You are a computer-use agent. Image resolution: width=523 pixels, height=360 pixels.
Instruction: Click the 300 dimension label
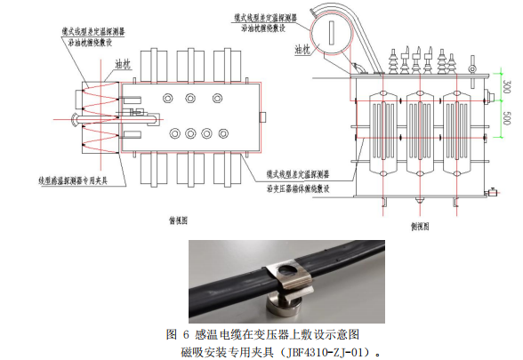tap(505, 88)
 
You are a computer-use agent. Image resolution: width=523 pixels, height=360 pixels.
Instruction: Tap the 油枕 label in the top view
tap(123, 64)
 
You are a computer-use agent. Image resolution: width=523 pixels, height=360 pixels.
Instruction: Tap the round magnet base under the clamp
tap(284, 308)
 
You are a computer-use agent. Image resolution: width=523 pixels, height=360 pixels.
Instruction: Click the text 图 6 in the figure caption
tap(178, 335)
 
